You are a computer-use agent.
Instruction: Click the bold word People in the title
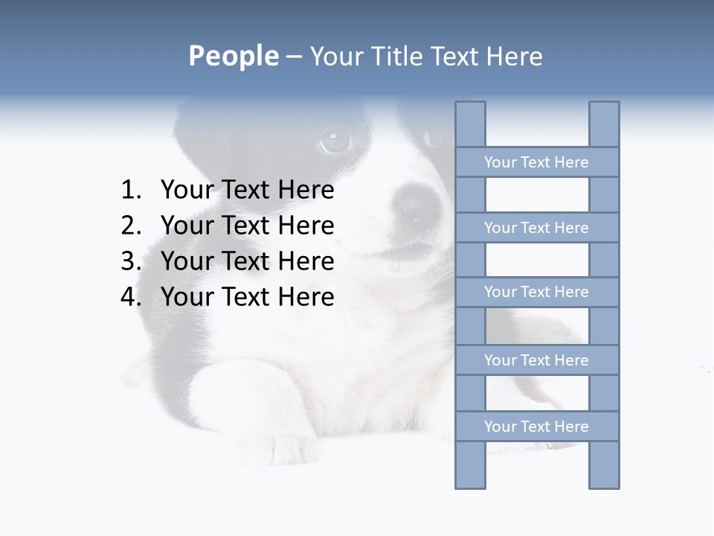pyautogui.click(x=232, y=56)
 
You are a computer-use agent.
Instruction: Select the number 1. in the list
pyautogui.click(x=131, y=191)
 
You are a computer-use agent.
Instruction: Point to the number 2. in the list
pyautogui.click(x=131, y=226)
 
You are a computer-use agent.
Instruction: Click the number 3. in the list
pyautogui.click(x=131, y=261)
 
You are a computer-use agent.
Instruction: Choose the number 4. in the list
pyautogui.click(x=131, y=297)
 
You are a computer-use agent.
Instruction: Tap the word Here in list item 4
pyautogui.click(x=306, y=297)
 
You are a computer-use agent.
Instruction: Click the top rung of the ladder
pyautogui.click(x=536, y=162)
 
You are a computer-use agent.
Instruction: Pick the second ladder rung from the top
pyautogui.click(x=536, y=228)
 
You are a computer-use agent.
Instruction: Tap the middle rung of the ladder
pyautogui.click(x=536, y=292)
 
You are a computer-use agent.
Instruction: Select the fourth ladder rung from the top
pyautogui.click(x=536, y=360)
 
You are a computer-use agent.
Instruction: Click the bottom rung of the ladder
pyautogui.click(x=536, y=427)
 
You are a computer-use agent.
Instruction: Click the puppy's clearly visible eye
pyautogui.click(x=336, y=139)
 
